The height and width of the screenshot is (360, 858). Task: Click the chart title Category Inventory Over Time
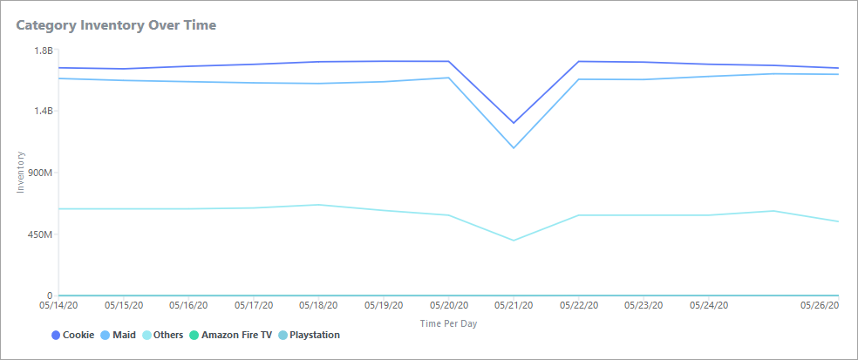tap(116, 25)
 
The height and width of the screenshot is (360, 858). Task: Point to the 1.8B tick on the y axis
tap(43, 51)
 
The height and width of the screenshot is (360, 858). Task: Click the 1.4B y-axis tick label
tap(43, 112)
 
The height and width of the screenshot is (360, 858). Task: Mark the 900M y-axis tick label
tap(40, 173)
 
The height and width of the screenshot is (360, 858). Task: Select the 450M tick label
tap(40, 234)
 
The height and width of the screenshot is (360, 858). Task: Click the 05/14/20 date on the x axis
tap(58, 306)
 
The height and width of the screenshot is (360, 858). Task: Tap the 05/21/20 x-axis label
tap(514, 306)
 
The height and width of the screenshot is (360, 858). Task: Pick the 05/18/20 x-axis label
tap(318, 306)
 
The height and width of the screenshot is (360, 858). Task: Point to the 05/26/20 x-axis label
tap(820, 306)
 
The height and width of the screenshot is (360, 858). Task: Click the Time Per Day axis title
tap(448, 323)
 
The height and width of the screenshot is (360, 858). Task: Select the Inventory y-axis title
tap(22, 173)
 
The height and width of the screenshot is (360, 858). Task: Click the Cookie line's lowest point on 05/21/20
tap(514, 123)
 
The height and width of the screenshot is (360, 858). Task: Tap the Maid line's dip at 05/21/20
tap(514, 148)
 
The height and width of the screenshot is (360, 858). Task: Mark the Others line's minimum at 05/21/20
tap(514, 241)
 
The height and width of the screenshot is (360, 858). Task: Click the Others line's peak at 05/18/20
tap(318, 205)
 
